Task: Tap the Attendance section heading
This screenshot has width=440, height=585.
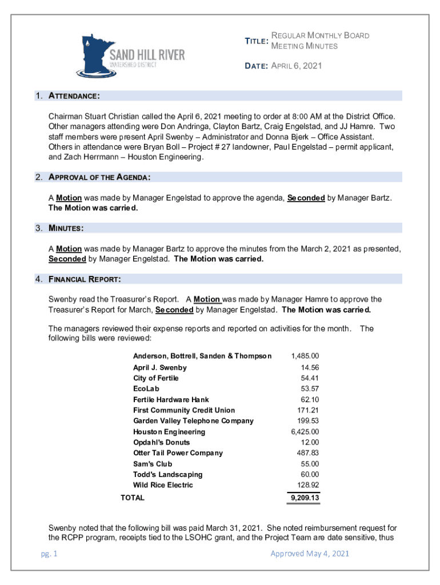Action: pos(75,95)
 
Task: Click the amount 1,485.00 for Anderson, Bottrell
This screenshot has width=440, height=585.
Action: pos(305,356)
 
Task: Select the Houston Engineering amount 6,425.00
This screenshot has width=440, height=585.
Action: pos(305,432)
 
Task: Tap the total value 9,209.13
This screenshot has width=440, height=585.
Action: pos(305,498)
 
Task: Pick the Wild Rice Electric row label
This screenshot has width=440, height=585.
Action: pos(163,486)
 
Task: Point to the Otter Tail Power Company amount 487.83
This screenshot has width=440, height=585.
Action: pos(308,453)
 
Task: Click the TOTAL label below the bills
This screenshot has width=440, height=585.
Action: pos(133,498)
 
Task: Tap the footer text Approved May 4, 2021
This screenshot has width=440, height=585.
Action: pos(310,554)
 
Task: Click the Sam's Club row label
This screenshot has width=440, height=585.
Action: pos(153,464)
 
